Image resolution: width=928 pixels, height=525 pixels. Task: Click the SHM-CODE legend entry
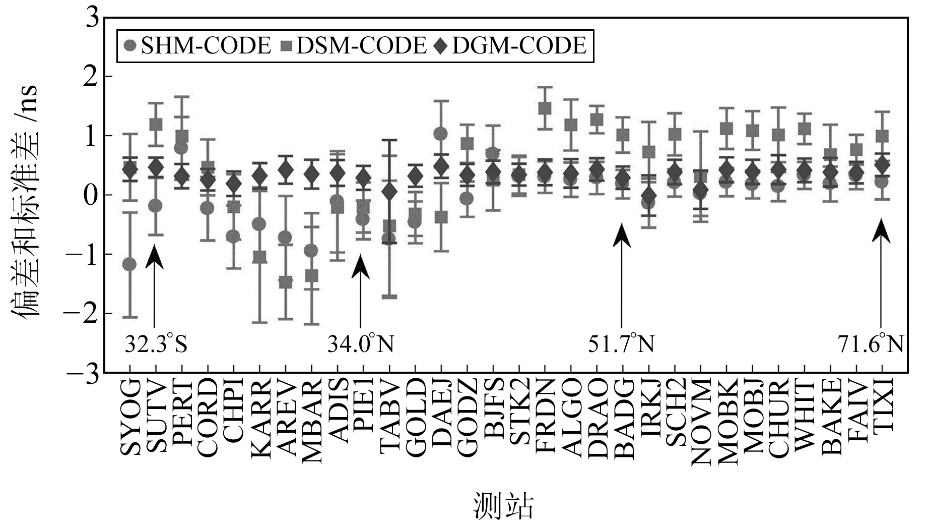tap(196, 46)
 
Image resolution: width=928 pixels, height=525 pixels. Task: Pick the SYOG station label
tap(130, 418)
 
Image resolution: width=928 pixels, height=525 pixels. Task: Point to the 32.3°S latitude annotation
tap(156, 345)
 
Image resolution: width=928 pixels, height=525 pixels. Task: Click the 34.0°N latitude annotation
tap(360, 345)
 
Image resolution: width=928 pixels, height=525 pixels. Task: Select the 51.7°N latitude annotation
tap(621, 345)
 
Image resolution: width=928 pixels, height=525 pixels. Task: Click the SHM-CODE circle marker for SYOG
tap(129, 264)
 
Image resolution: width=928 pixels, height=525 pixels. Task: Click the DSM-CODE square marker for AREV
tap(286, 282)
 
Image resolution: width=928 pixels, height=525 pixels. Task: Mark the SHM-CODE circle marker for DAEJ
tap(441, 134)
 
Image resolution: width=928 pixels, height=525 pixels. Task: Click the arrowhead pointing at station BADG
tap(622, 235)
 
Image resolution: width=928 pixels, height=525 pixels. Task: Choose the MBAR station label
tap(312, 422)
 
